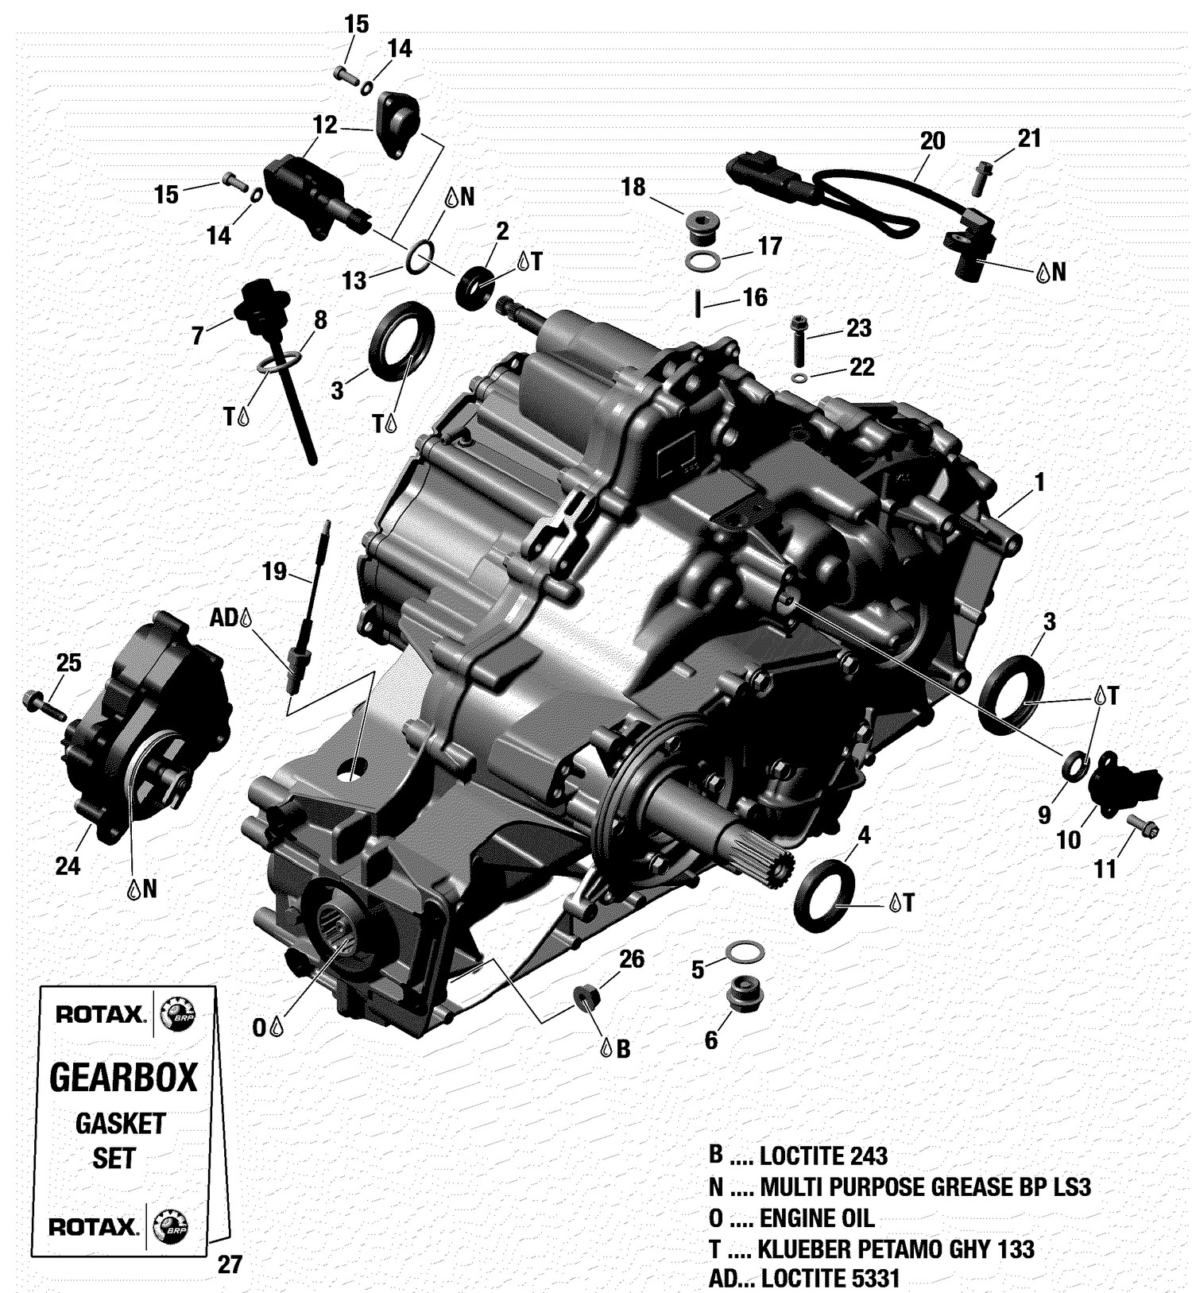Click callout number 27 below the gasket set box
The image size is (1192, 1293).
coord(229,1264)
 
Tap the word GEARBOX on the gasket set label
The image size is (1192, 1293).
coord(123,1078)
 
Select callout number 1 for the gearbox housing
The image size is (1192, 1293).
coord(1039,482)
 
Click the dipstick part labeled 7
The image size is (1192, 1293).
coord(258,303)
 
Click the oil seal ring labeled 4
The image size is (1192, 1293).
coord(825,895)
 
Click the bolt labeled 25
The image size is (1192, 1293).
coord(46,705)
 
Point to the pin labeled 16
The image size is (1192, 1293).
coord(698,304)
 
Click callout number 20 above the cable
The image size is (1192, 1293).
coord(932,141)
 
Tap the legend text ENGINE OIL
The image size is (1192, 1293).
coord(816,1218)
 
